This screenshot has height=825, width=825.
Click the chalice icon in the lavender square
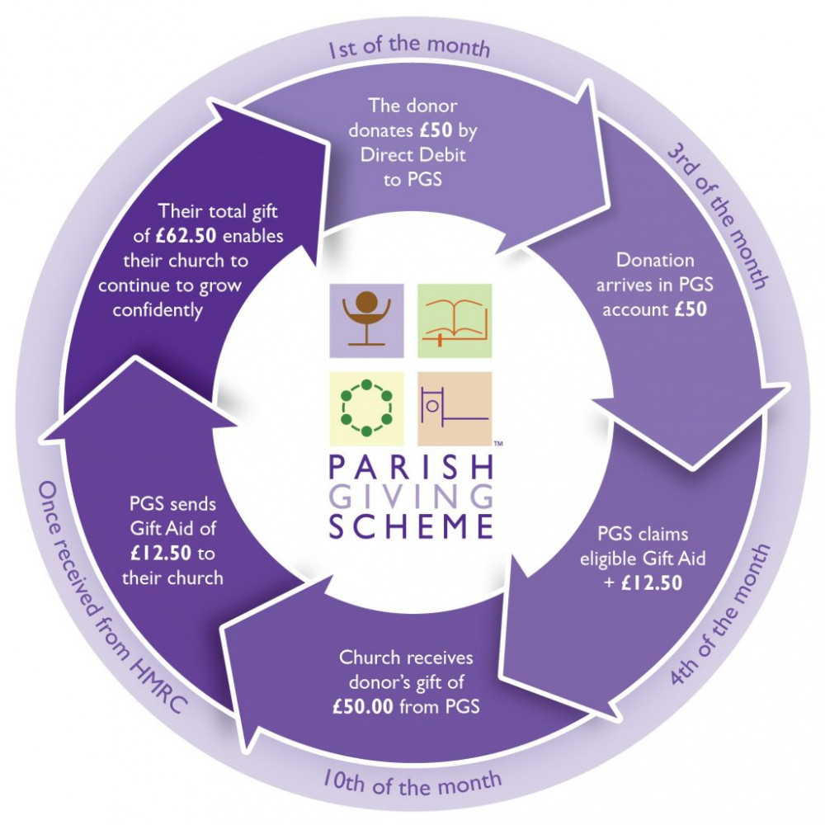[366, 320]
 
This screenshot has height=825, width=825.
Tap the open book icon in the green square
[455, 320]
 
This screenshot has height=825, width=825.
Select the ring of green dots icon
[366, 408]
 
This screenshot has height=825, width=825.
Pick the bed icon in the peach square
[455, 408]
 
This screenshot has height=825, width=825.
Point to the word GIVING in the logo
[411, 497]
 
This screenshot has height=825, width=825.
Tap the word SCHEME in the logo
[411, 526]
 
